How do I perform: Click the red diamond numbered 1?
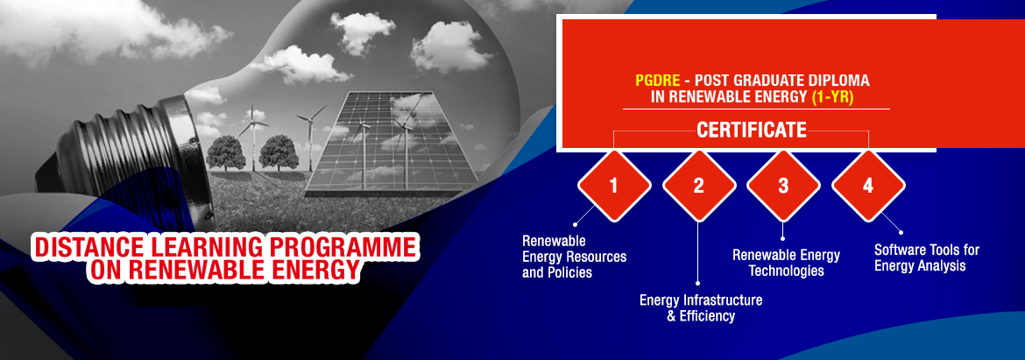[x=614, y=186]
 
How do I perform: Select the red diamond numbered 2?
[x=699, y=186]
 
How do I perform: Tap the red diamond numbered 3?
[x=783, y=186]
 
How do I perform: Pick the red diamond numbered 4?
[x=868, y=186]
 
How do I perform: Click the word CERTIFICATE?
[x=751, y=130]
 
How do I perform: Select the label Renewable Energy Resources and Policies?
[x=574, y=256]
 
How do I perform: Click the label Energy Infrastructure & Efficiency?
[x=701, y=308]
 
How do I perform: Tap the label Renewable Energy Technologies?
[x=786, y=263]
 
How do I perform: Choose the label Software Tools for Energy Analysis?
[x=927, y=258]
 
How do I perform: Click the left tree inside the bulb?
[x=225, y=153]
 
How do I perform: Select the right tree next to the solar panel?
[x=279, y=153]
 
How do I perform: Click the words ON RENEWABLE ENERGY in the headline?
[x=225, y=269]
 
